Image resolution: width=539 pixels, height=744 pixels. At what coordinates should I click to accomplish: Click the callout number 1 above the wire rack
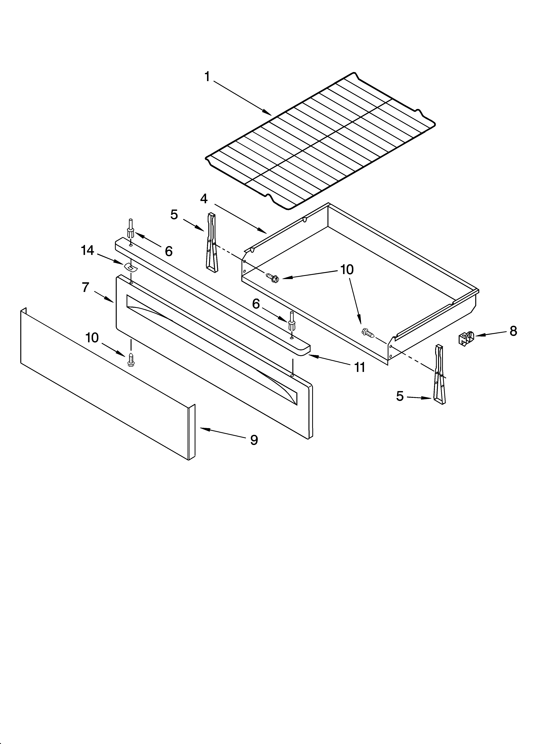[x=207, y=77]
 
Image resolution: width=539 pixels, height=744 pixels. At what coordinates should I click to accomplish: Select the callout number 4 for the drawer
[x=204, y=199]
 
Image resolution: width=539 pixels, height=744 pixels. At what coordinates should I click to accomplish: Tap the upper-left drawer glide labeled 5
[x=211, y=242]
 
